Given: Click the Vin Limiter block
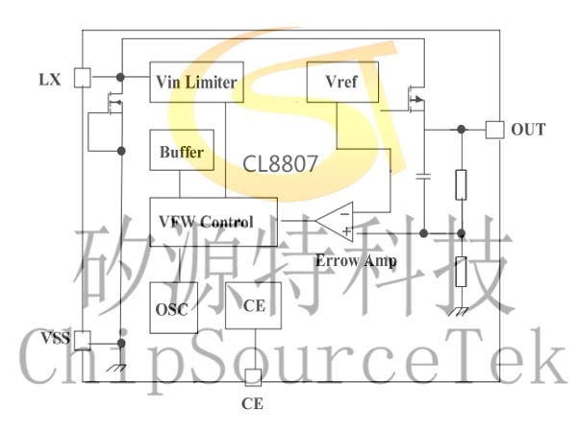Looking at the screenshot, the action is [196, 82].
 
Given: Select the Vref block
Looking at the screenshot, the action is [342, 82].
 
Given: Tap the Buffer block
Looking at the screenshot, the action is [182, 150].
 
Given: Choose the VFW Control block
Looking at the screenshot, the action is [213, 222].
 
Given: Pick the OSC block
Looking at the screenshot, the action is [174, 308].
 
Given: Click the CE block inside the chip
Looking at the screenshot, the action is [253, 305].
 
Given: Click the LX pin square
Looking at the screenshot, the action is [83, 78].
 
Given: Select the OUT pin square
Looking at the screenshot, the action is [494, 130].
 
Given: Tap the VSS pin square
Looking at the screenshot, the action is [83, 341].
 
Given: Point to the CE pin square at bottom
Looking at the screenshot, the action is [253, 377].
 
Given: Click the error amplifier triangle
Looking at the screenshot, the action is [335, 222].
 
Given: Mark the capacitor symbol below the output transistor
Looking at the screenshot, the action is [423, 177].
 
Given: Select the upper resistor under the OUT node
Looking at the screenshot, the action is [461, 184].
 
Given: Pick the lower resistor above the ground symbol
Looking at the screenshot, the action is [461, 272].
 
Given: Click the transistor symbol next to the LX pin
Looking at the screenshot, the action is [114, 102].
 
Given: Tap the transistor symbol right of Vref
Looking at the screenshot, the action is [415, 99].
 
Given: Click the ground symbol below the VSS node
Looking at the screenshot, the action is [116, 368].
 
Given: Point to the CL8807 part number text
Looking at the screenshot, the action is [280, 164].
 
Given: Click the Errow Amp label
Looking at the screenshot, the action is [356, 261].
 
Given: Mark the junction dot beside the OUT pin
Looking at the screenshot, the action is [461, 130].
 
